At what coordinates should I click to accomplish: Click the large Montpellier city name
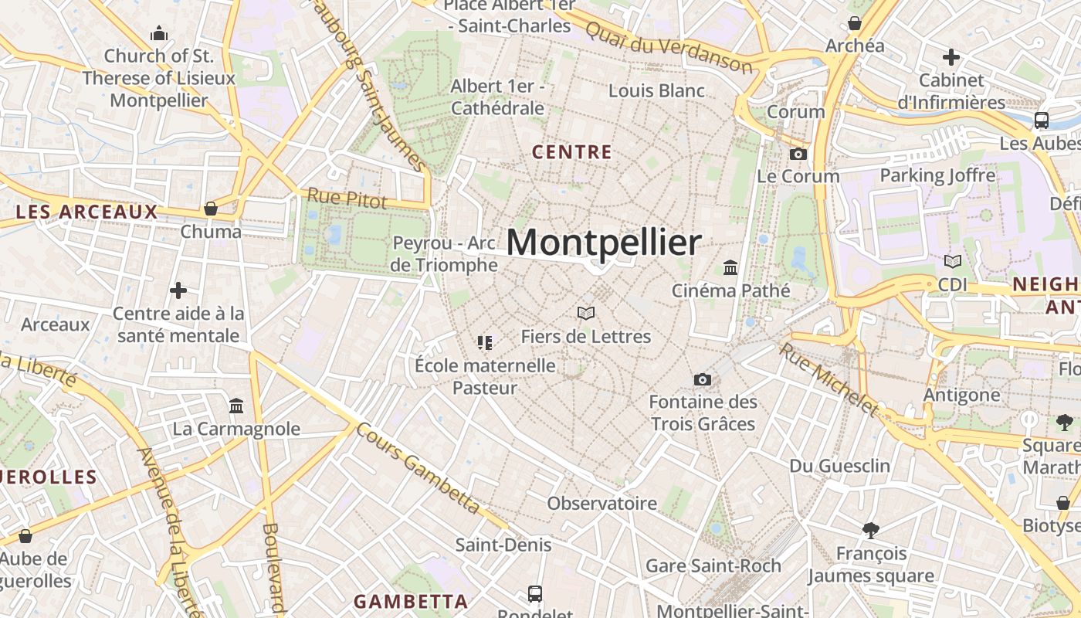(x=604, y=243)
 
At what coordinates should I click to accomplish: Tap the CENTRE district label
(x=572, y=152)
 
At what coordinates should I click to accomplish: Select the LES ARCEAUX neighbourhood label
(x=86, y=212)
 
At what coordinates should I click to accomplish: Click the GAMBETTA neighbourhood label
(x=411, y=601)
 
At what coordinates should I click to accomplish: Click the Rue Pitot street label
(x=347, y=198)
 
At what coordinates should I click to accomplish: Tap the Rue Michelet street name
(x=829, y=379)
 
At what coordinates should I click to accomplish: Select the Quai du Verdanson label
(x=669, y=47)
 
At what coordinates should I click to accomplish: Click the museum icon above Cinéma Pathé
(x=730, y=268)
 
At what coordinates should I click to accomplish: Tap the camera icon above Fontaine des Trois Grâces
(x=703, y=379)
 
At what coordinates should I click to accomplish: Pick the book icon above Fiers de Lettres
(x=586, y=313)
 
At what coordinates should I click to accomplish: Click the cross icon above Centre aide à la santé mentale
(x=178, y=290)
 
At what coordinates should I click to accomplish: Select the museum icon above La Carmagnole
(x=236, y=406)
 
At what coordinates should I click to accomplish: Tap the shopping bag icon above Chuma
(x=210, y=209)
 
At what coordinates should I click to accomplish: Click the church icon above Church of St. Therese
(x=159, y=33)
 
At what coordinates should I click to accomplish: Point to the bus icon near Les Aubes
(x=1041, y=120)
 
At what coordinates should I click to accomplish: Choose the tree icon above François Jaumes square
(x=871, y=531)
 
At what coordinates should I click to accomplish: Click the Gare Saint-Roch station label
(x=713, y=565)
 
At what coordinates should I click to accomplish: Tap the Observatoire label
(x=602, y=504)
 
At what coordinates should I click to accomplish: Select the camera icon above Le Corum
(x=798, y=154)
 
